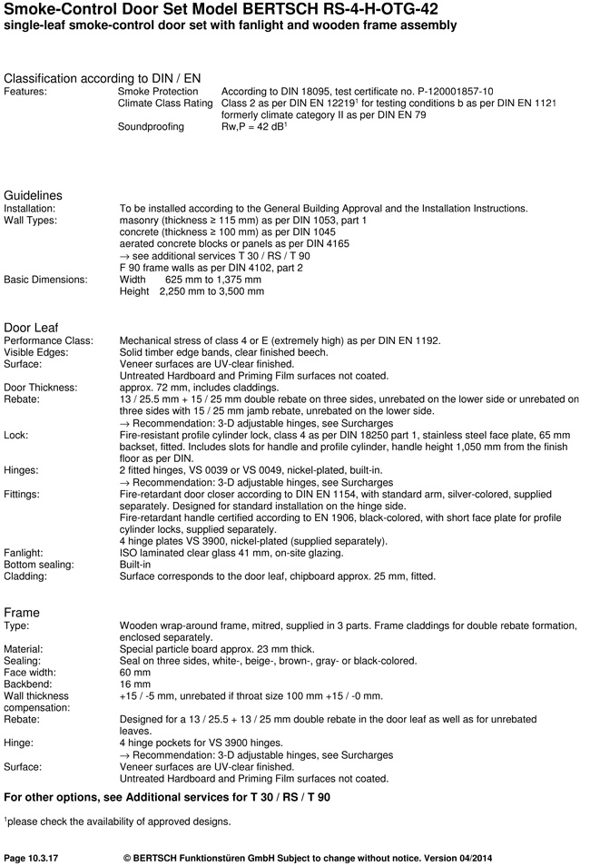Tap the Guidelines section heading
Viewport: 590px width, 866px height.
point(34,195)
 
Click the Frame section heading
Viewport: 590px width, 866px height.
point(23,613)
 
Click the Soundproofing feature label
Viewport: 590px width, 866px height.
point(151,127)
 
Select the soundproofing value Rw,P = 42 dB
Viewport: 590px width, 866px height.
point(254,127)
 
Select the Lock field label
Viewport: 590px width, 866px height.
point(16,435)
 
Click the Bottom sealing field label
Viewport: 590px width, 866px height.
point(40,565)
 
